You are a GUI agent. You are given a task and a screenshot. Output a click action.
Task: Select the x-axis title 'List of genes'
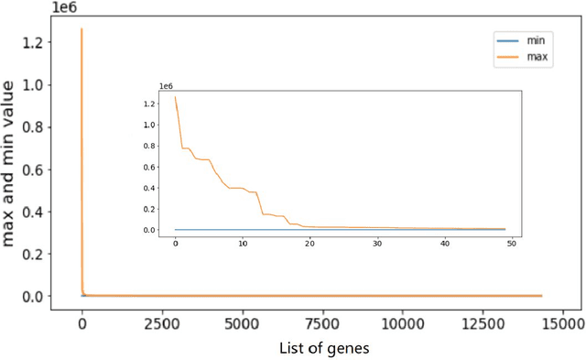325,348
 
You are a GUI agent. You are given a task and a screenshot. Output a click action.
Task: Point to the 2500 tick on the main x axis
161,323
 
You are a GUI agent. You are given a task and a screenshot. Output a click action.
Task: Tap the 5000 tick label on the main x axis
242,323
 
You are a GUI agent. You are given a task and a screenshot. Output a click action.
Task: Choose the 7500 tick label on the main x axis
322,323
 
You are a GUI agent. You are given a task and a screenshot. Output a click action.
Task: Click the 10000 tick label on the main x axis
403,323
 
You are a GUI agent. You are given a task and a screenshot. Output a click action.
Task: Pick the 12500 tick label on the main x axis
483,323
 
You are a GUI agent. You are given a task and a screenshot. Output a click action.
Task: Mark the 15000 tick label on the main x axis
564,323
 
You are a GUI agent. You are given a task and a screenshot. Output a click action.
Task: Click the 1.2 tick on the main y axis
55,43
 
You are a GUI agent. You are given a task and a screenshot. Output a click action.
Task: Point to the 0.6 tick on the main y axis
55,169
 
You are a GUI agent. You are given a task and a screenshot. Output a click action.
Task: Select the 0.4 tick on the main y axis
55,212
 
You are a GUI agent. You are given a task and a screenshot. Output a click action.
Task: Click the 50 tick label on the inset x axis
511,244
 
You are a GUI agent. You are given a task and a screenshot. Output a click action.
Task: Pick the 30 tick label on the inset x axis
377,244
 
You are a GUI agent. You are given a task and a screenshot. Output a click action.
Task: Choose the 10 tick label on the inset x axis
243,244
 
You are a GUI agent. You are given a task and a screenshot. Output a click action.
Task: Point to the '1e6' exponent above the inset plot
166,86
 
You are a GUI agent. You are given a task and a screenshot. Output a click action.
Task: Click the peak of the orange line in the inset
176,97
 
